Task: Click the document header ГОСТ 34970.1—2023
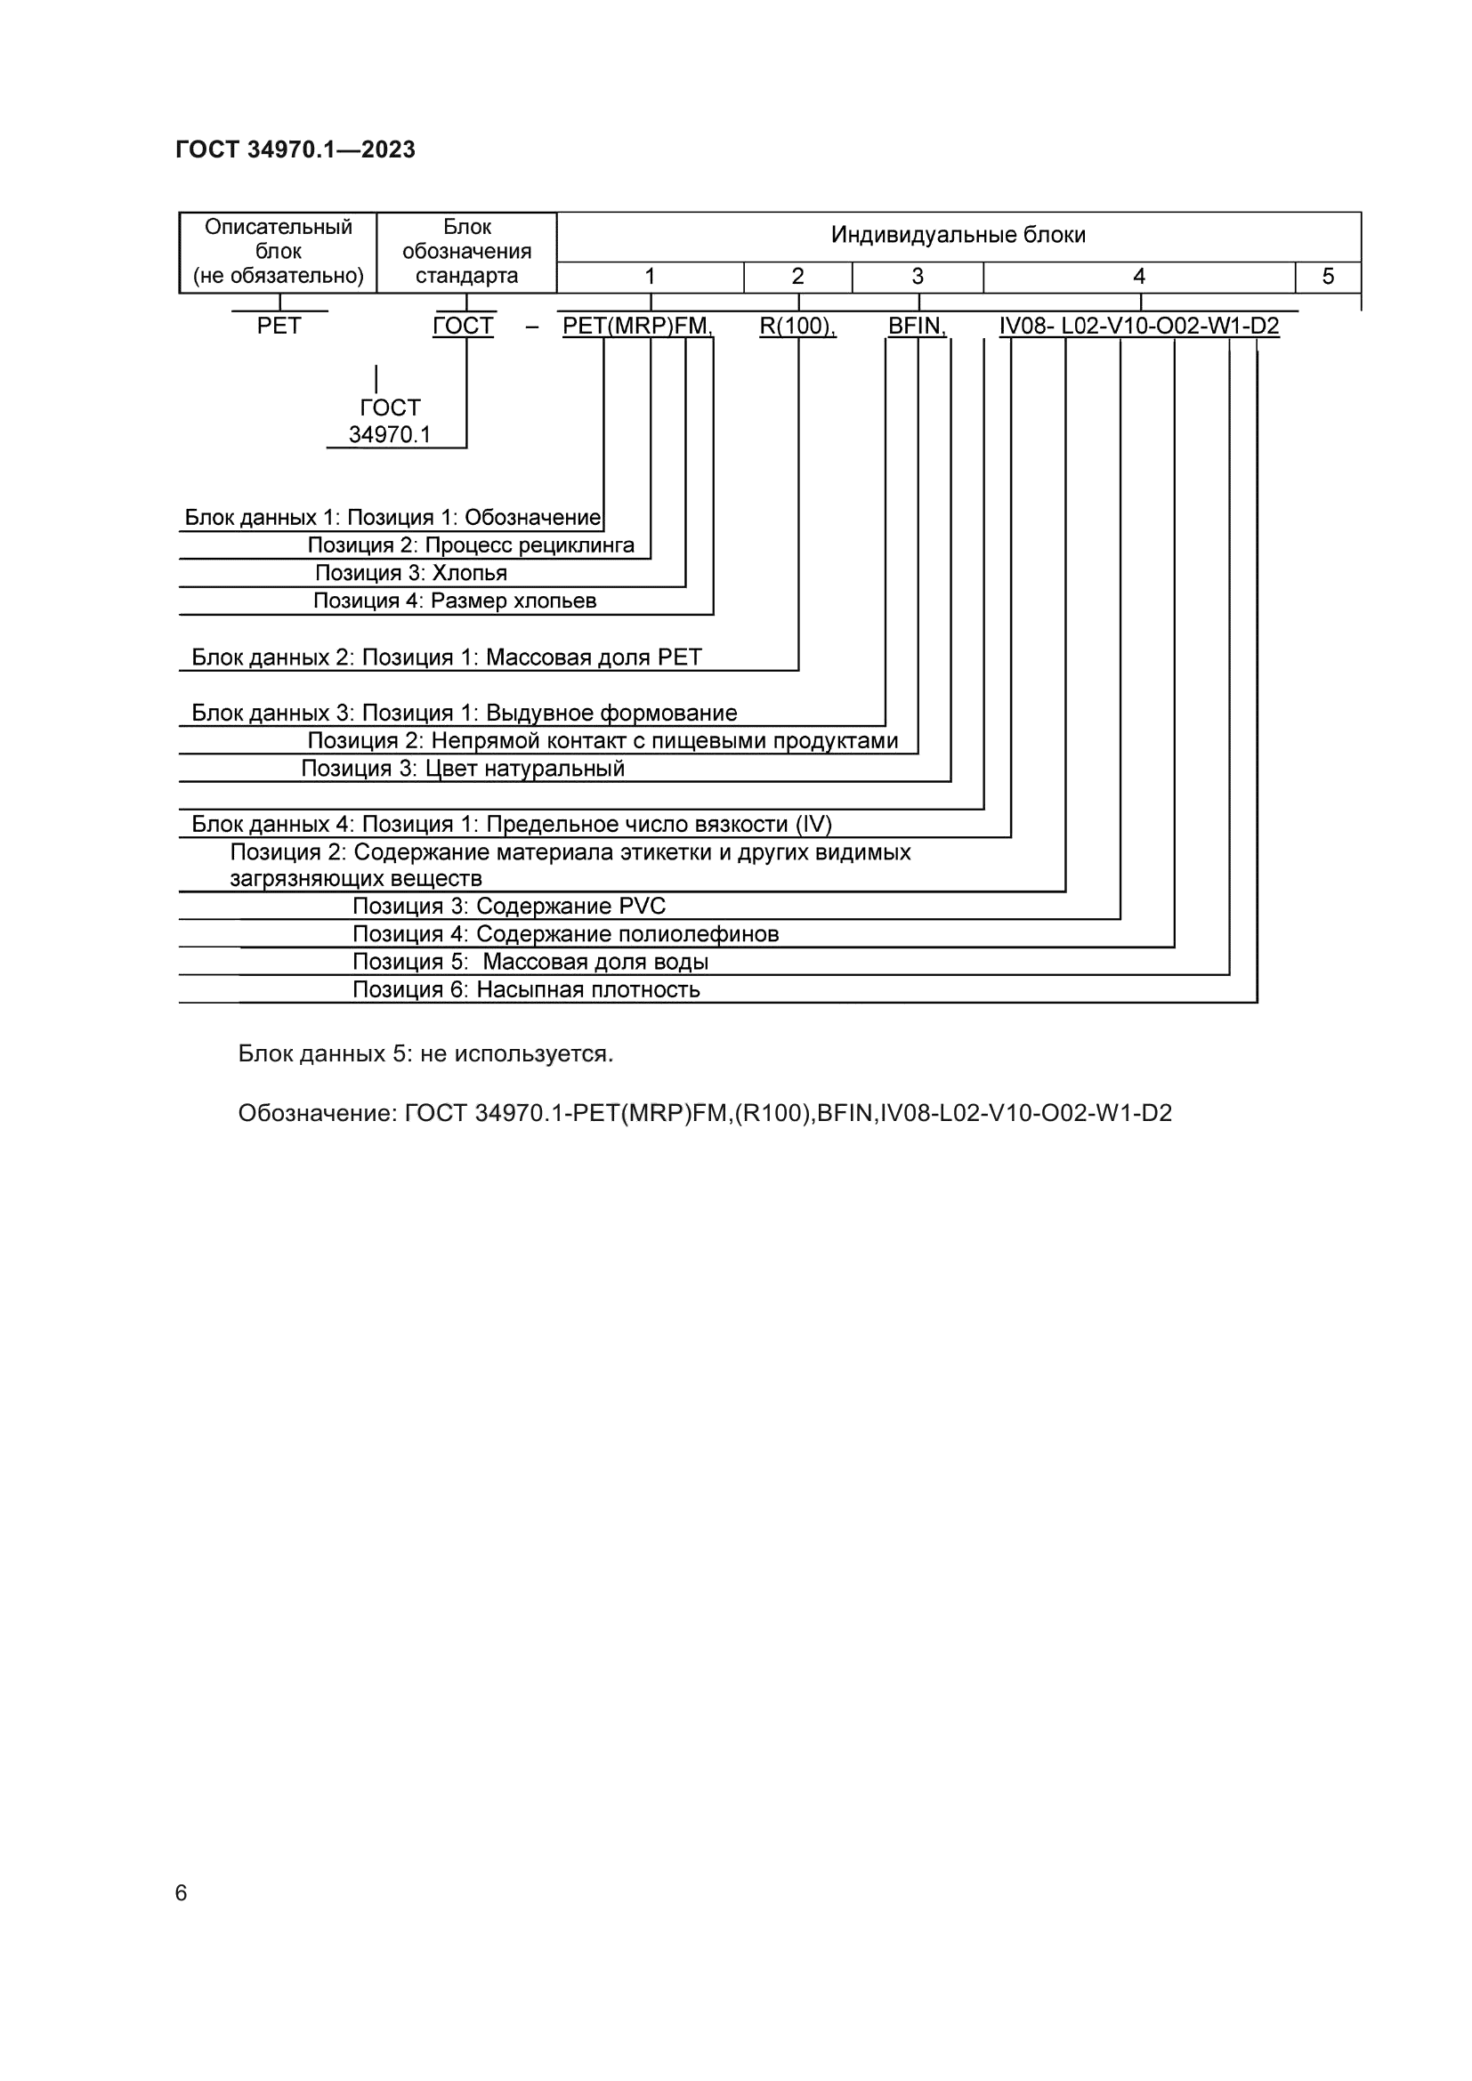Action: coord(295,149)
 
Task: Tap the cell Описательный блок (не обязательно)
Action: coord(279,252)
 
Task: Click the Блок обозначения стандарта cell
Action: coord(467,252)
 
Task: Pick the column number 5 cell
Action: coord(1327,277)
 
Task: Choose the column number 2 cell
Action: coord(797,277)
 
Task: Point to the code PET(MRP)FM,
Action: coord(637,327)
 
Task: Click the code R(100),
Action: coord(797,327)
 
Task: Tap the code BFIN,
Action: coord(918,327)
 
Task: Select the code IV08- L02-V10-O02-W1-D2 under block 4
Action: coord(1139,327)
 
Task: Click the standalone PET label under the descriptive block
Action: coord(279,327)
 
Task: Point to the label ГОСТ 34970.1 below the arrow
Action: coord(390,422)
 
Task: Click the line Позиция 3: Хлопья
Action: coord(410,573)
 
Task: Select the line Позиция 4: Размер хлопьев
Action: coord(454,601)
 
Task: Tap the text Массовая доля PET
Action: coord(594,658)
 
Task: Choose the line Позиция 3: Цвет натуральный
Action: coord(462,770)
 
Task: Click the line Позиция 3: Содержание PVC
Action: coord(508,907)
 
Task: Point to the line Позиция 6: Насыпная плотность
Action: coord(526,989)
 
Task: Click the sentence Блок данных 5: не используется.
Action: coord(425,1054)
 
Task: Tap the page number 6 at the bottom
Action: coord(182,1892)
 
